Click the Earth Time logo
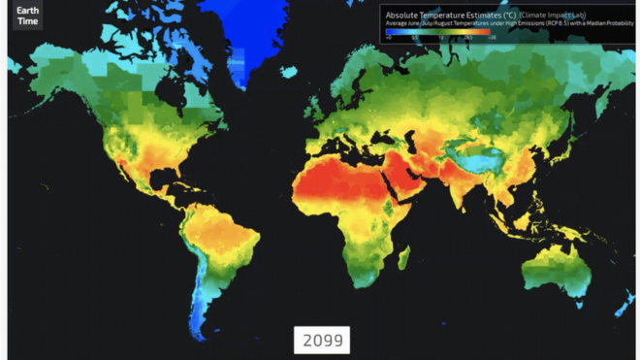coord(27,16)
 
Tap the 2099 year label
coord(322,340)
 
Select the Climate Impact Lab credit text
coord(550,15)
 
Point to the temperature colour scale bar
coord(436,31)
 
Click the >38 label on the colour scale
coord(492,38)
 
